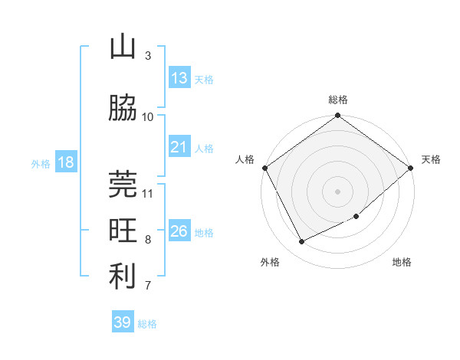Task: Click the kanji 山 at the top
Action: click(123, 48)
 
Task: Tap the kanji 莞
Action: click(123, 184)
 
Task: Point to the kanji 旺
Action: click(123, 230)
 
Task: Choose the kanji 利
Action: click(123, 277)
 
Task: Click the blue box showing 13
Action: click(179, 78)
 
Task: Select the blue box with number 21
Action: click(179, 147)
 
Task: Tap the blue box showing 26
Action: click(179, 231)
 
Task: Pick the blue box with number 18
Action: click(65, 162)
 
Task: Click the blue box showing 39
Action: click(122, 322)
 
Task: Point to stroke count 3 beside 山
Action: click(148, 56)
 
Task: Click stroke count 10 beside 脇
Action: click(148, 116)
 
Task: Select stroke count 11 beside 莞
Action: click(148, 193)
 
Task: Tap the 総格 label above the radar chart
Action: click(338, 100)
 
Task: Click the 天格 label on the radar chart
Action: click(431, 159)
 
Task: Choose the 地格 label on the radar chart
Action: click(402, 263)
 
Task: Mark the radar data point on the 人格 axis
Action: click(264, 168)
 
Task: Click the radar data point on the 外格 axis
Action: click(302, 242)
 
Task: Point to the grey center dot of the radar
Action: click(338, 191)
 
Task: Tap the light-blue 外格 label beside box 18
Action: click(41, 163)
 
